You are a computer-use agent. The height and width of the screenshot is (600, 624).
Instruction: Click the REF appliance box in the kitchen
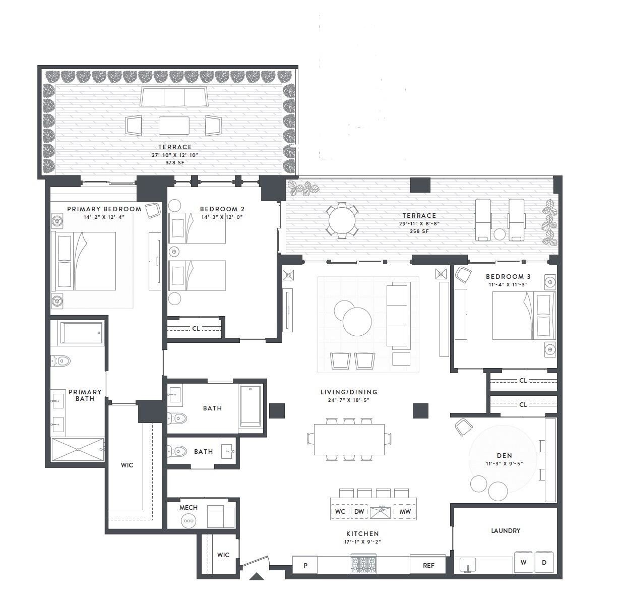coord(428,565)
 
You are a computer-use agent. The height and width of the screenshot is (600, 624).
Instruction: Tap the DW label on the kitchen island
coord(359,511)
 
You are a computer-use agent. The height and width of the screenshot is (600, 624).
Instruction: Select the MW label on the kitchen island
coord(405,511)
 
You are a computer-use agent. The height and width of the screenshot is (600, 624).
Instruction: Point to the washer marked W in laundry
coord(524,562)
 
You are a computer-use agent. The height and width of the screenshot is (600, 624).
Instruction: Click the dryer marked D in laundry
coord(544,562)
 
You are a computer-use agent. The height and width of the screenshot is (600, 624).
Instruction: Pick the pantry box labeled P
coord(305,565)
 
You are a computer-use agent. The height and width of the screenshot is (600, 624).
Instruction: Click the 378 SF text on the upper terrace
coord(175,163)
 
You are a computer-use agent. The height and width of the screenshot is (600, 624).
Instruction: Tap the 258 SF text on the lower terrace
coord(419,231)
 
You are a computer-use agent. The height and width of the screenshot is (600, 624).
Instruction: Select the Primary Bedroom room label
coord(104,209)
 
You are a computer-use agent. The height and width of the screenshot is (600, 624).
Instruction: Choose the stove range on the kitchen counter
coord(364,564)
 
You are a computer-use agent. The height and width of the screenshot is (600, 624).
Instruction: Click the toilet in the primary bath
coord(61,361)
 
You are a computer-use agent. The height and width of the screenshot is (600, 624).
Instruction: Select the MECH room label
coord(189,507)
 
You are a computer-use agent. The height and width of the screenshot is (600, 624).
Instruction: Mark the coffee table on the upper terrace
coord(174,126)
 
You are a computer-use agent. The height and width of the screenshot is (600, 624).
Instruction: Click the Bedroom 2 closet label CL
coord(196,328)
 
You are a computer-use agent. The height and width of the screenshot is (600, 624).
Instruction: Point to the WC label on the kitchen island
coord(340,511)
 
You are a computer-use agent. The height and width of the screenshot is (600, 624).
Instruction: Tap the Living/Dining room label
coord(349,392)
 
